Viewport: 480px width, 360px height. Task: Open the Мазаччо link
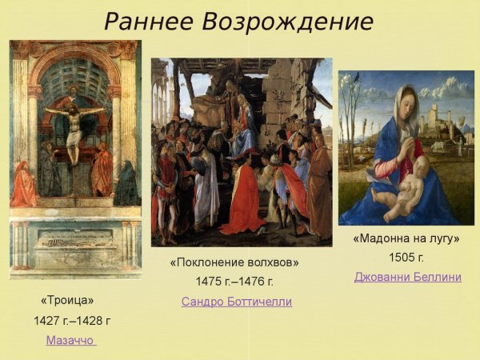(71, 340)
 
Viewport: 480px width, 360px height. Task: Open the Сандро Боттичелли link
(237, 302)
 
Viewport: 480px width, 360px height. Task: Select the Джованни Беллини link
(408, 277)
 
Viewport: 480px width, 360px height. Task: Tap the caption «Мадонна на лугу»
(406, 238)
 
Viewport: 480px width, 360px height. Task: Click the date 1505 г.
(406, 258)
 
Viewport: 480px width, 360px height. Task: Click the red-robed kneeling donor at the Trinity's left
(24, 186)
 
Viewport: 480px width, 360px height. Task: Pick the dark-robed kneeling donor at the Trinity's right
(126, 186)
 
